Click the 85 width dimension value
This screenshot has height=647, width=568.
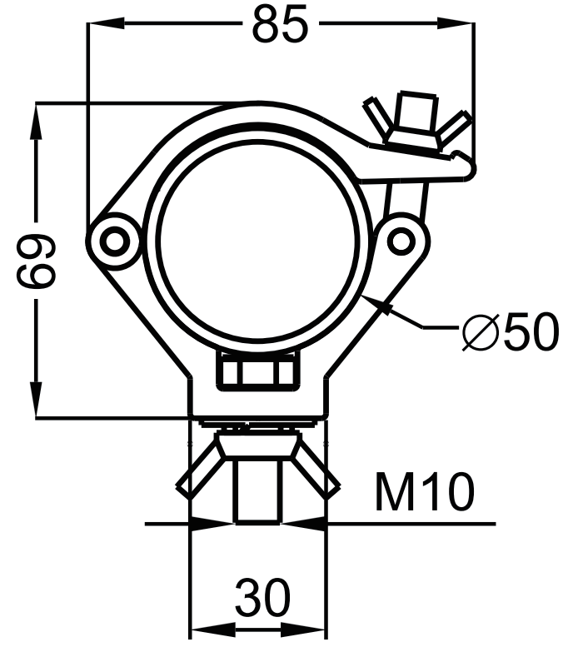280,24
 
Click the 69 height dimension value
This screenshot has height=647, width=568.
36,261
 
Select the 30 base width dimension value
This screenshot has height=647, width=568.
262,597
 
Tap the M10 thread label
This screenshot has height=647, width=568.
425,491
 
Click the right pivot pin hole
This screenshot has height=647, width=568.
400,240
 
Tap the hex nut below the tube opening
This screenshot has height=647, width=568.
258,371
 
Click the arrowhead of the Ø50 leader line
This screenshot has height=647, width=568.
376,303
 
